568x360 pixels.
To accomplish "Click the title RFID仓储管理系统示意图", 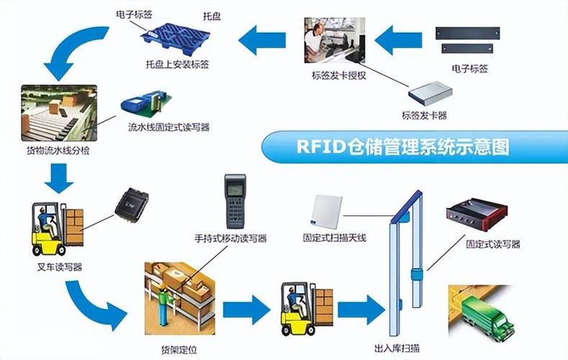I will point(403,147).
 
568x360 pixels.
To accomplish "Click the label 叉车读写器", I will point(58,267).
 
